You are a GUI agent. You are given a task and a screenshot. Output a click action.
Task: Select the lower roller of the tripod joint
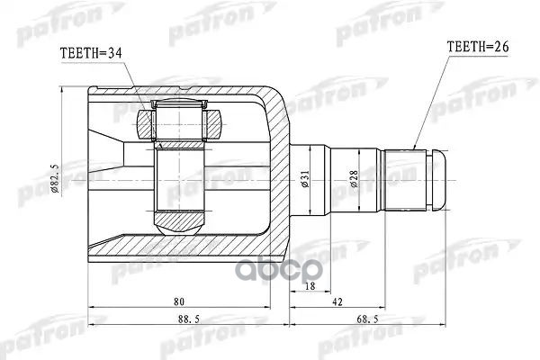[x=181, y=218]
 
